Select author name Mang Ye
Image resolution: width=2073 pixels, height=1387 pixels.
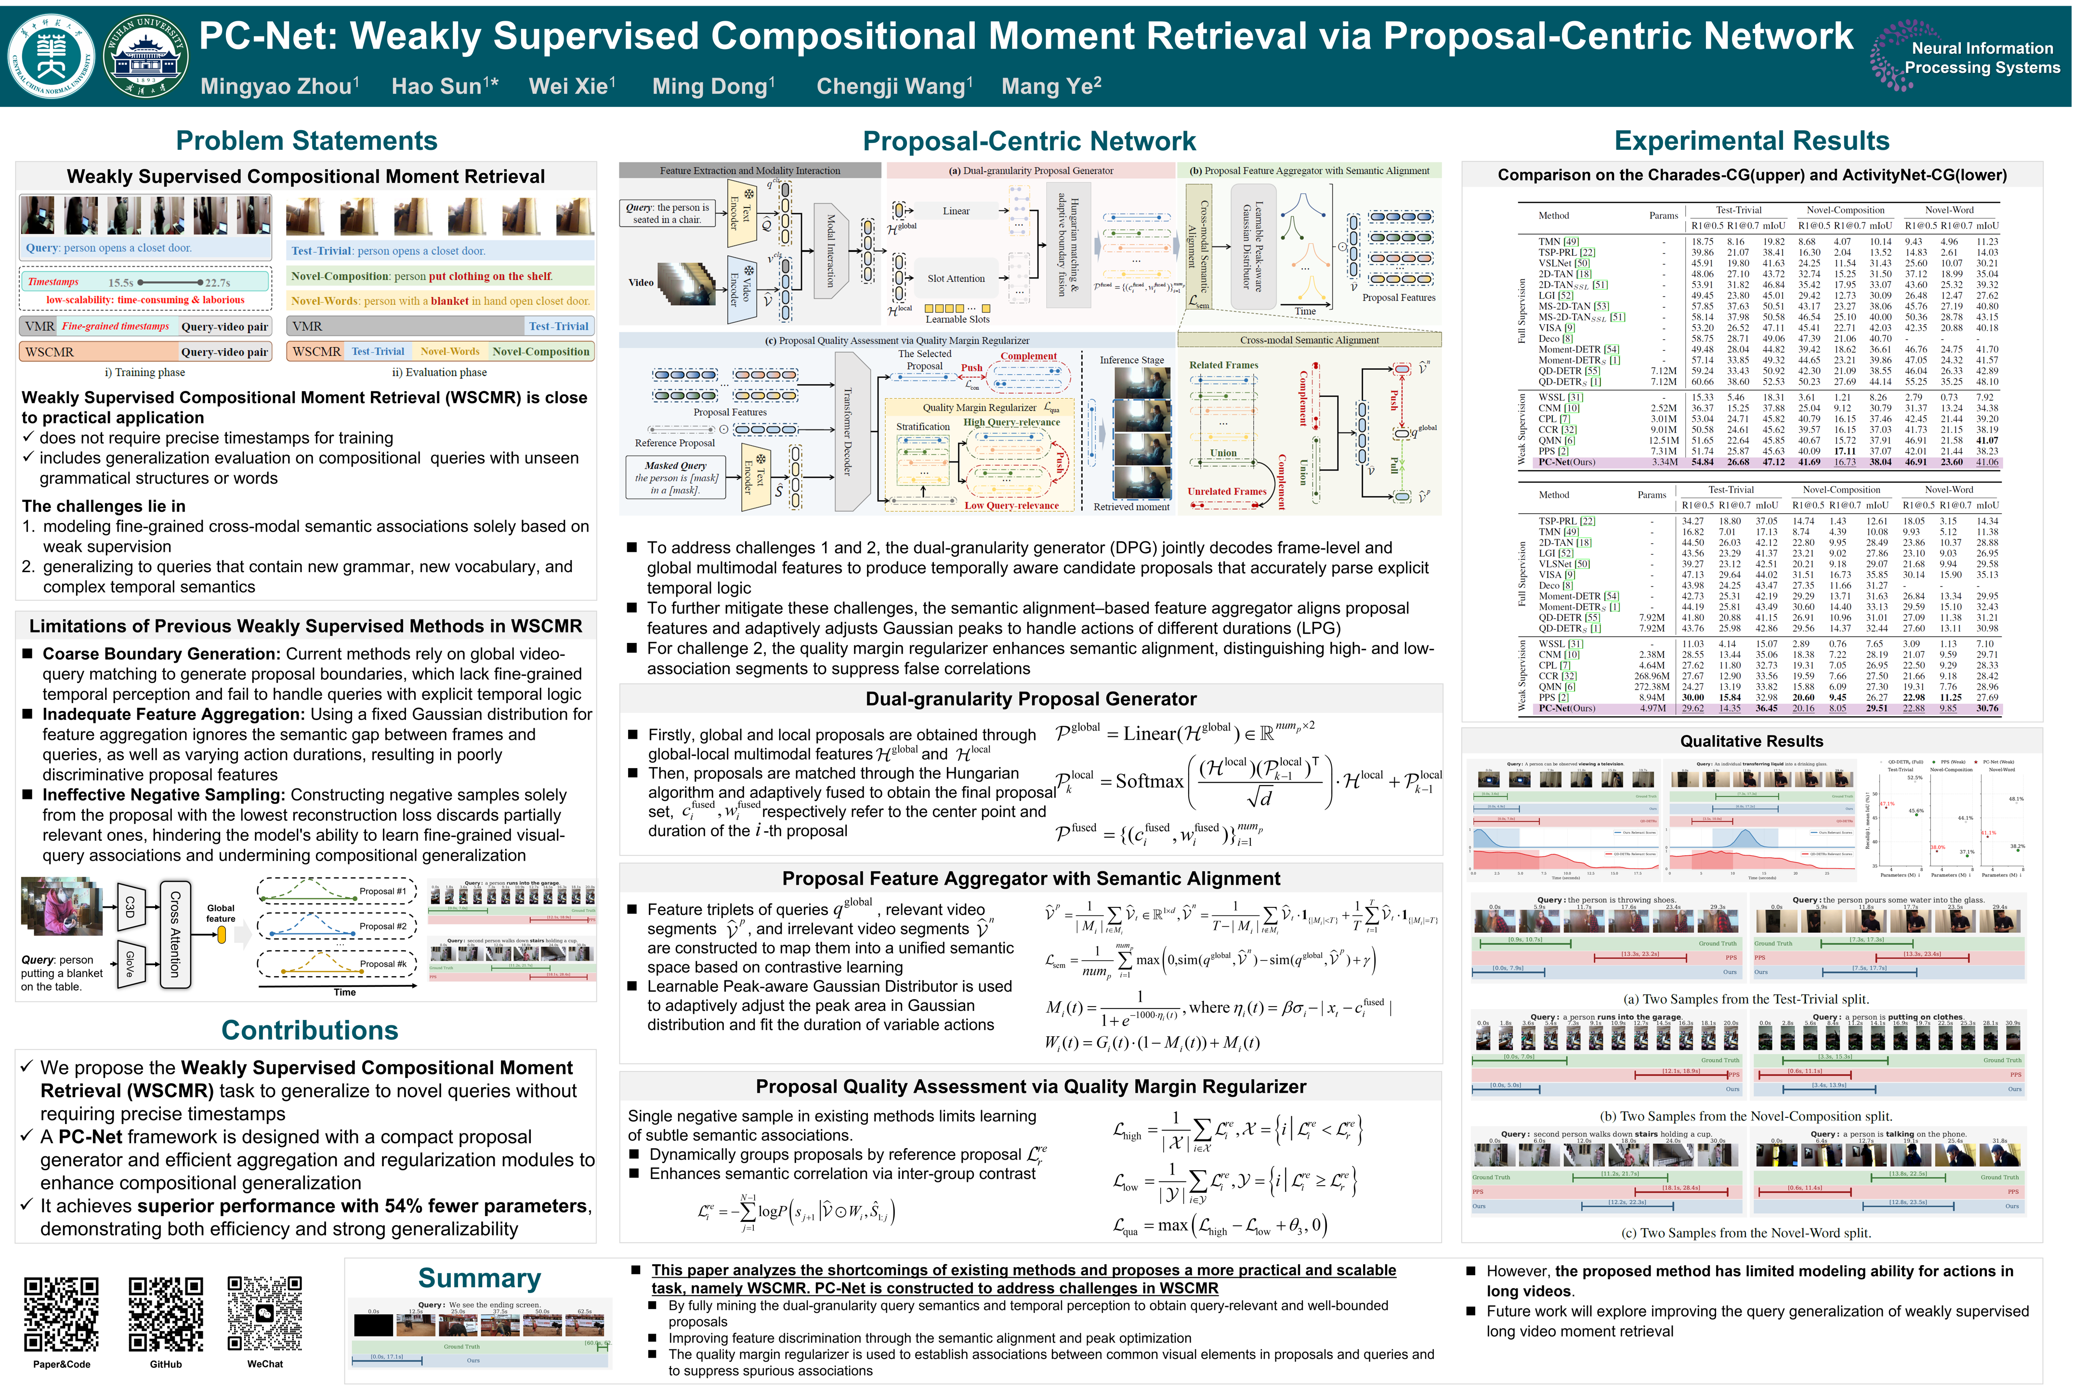pos(1050,86)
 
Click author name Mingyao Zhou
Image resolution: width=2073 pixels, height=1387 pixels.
pos(279,86)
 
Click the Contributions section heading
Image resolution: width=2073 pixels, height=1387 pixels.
pos(310,1030)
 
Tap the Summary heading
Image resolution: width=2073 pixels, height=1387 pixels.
pos(479,1278)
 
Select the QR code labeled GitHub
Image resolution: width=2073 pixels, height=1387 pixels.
pos(165,1314)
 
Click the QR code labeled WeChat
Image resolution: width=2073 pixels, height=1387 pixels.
pos(264,1314)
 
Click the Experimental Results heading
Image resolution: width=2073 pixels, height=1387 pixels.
pos(1751,141)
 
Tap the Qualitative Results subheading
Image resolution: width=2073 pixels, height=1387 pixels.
pos(1751,741)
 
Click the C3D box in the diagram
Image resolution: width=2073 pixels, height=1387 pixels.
pos(130,906)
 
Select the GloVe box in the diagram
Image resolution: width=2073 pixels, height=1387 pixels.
pos(130,963)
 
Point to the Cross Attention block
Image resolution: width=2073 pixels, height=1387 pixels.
pos(174,933)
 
